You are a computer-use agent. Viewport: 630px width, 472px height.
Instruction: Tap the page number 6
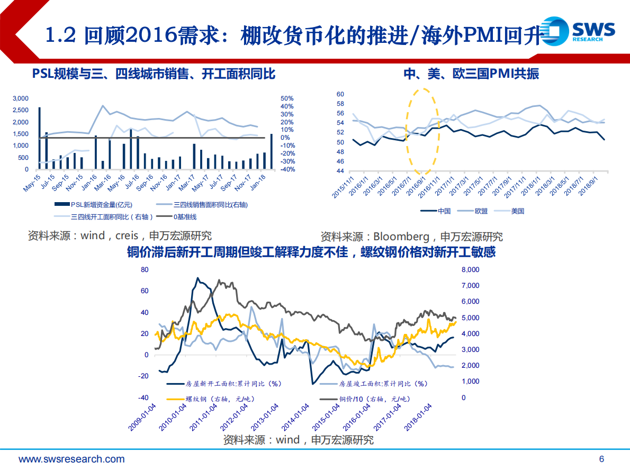click(x=601, y=459)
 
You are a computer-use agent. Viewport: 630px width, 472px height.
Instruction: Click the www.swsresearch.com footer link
click(x=72, y=459)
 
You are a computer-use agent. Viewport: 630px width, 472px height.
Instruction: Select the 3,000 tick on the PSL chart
click(x=21, y=98)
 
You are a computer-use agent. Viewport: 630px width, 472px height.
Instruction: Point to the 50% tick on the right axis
click(x=287, y=98)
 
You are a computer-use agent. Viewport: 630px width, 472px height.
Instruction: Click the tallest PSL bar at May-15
click(x=40, y=138)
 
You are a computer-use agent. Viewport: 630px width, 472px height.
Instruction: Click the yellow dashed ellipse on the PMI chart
click(x=422, y=131)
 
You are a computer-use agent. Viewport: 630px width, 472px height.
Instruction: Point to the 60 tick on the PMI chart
click(x=340, y=94)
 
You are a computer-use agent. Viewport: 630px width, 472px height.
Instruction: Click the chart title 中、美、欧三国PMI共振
click(x=471, y=74)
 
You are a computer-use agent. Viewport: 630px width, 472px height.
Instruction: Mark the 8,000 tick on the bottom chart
click(x=470, y=270)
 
